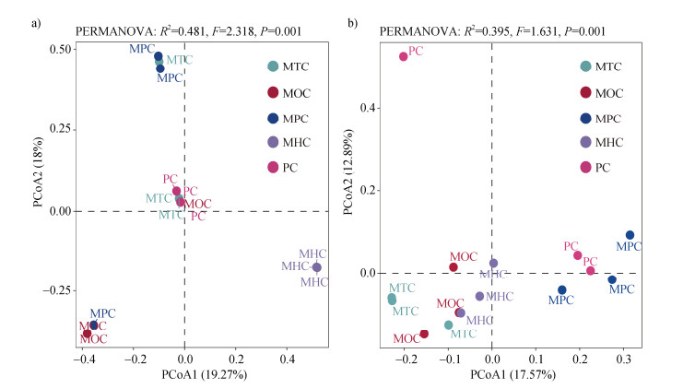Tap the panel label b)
click(x=353, y=12)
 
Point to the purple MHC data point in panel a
click(x=317, y=267)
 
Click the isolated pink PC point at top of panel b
click(x=403, y=56)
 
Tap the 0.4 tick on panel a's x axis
click(x=288, y=357)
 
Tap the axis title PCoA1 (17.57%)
click(x=512, y=375)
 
